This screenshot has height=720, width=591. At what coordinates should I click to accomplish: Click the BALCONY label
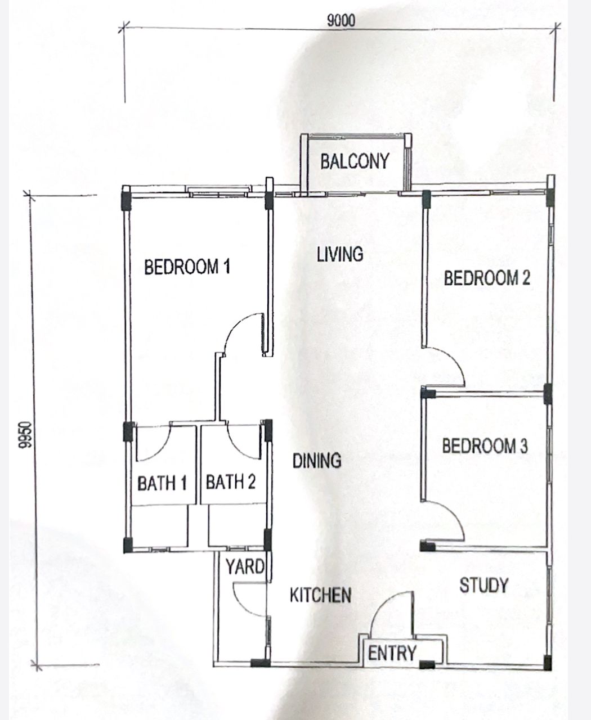pyautogui.click(x=355, y=161)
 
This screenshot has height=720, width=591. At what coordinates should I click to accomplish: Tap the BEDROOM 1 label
pyautogui.click(x=187, y=267)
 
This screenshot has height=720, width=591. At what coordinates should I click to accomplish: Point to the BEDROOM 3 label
pyautogui.click(x=485, y=445)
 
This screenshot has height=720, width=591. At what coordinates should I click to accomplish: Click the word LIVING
pyautogui.click(x=340, y=254)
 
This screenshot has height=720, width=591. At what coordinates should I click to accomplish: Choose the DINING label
pyautogui.click(x=317, y=460)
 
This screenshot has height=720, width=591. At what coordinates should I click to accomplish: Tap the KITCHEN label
pyautogui.click(x=320, y=595)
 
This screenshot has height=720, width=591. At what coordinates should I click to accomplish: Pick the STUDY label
pyautogui.click(x=483, y=585)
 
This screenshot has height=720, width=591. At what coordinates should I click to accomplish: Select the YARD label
pyautogui.click(x=245, y=566)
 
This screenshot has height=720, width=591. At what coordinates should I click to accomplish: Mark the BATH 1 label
pyautogui.click(x=162, y=483)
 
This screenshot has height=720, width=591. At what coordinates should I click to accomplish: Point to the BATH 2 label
pyautogui.click(x=231, y=482)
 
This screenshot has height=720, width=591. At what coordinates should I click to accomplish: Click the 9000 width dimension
pyautogui.click(x=341, y=21)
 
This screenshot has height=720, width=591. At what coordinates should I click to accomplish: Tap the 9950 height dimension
pyautogui.click(x=26, y=435)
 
